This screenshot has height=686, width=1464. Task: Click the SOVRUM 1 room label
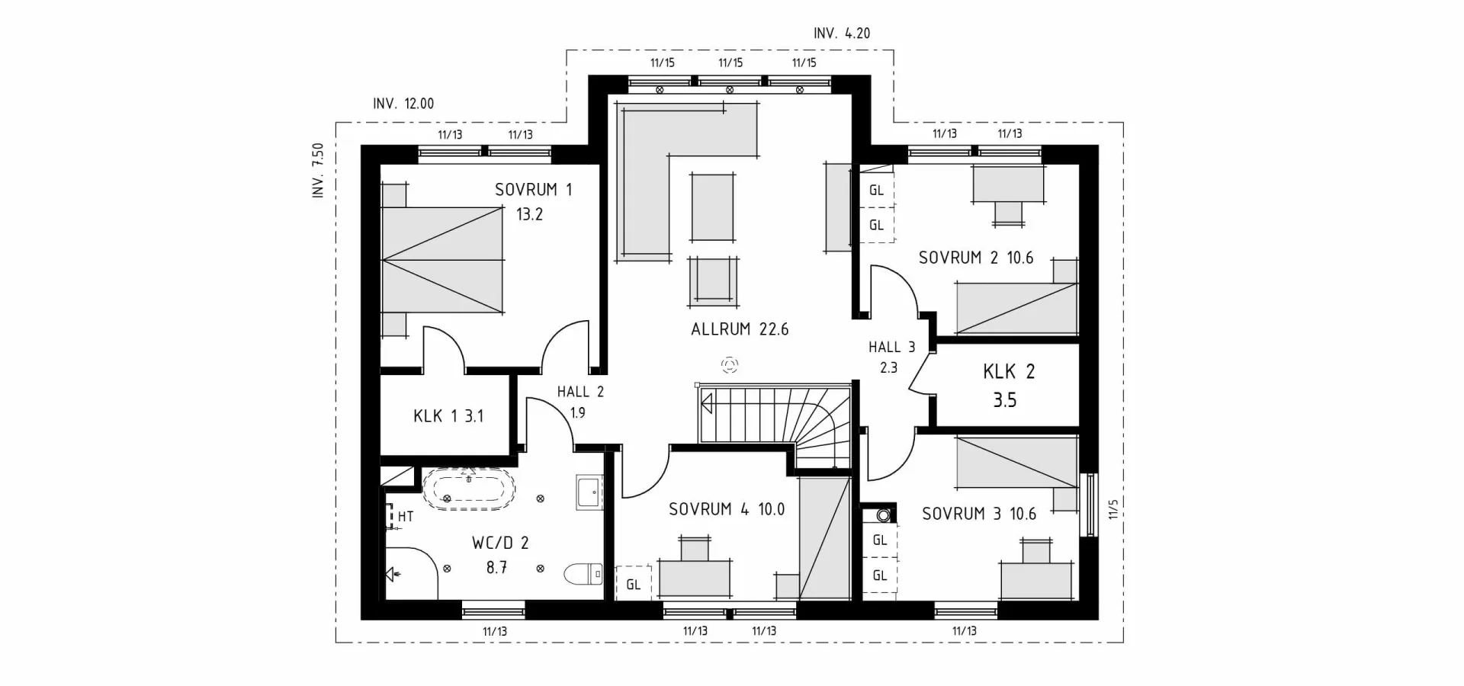pos(533,190)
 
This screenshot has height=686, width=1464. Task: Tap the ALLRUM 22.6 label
pos(739,329)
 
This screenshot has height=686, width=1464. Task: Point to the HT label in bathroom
pos(405,517)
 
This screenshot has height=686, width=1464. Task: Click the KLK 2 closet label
pos(1008,372)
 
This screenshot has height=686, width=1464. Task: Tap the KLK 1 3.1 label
pos(448,416)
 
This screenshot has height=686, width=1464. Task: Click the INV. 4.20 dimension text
pos(841,34)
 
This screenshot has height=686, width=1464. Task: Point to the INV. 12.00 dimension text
pos(403,104)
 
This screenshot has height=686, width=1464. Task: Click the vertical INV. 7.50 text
pos(318,171)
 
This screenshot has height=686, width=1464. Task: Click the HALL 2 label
pos(579,392)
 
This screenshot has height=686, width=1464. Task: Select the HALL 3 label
pos(891,348)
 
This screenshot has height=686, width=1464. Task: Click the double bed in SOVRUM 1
pos(443,259)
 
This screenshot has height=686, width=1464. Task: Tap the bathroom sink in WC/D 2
pos(589,492)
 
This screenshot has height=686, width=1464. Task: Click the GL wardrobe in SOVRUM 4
pos(633,585)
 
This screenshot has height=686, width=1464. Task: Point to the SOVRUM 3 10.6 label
pos(978,514)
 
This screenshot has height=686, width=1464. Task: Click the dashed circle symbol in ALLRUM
pos(730,365)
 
